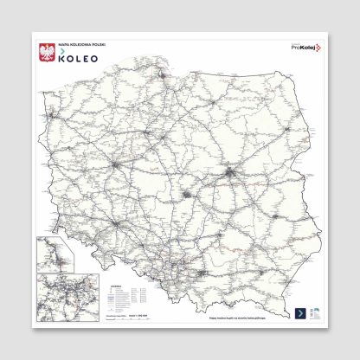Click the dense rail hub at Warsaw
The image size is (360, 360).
pos(228,173)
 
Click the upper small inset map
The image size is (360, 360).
pos(54,254)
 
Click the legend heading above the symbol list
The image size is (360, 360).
pos(118,282)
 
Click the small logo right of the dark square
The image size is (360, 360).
pos(315,313)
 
